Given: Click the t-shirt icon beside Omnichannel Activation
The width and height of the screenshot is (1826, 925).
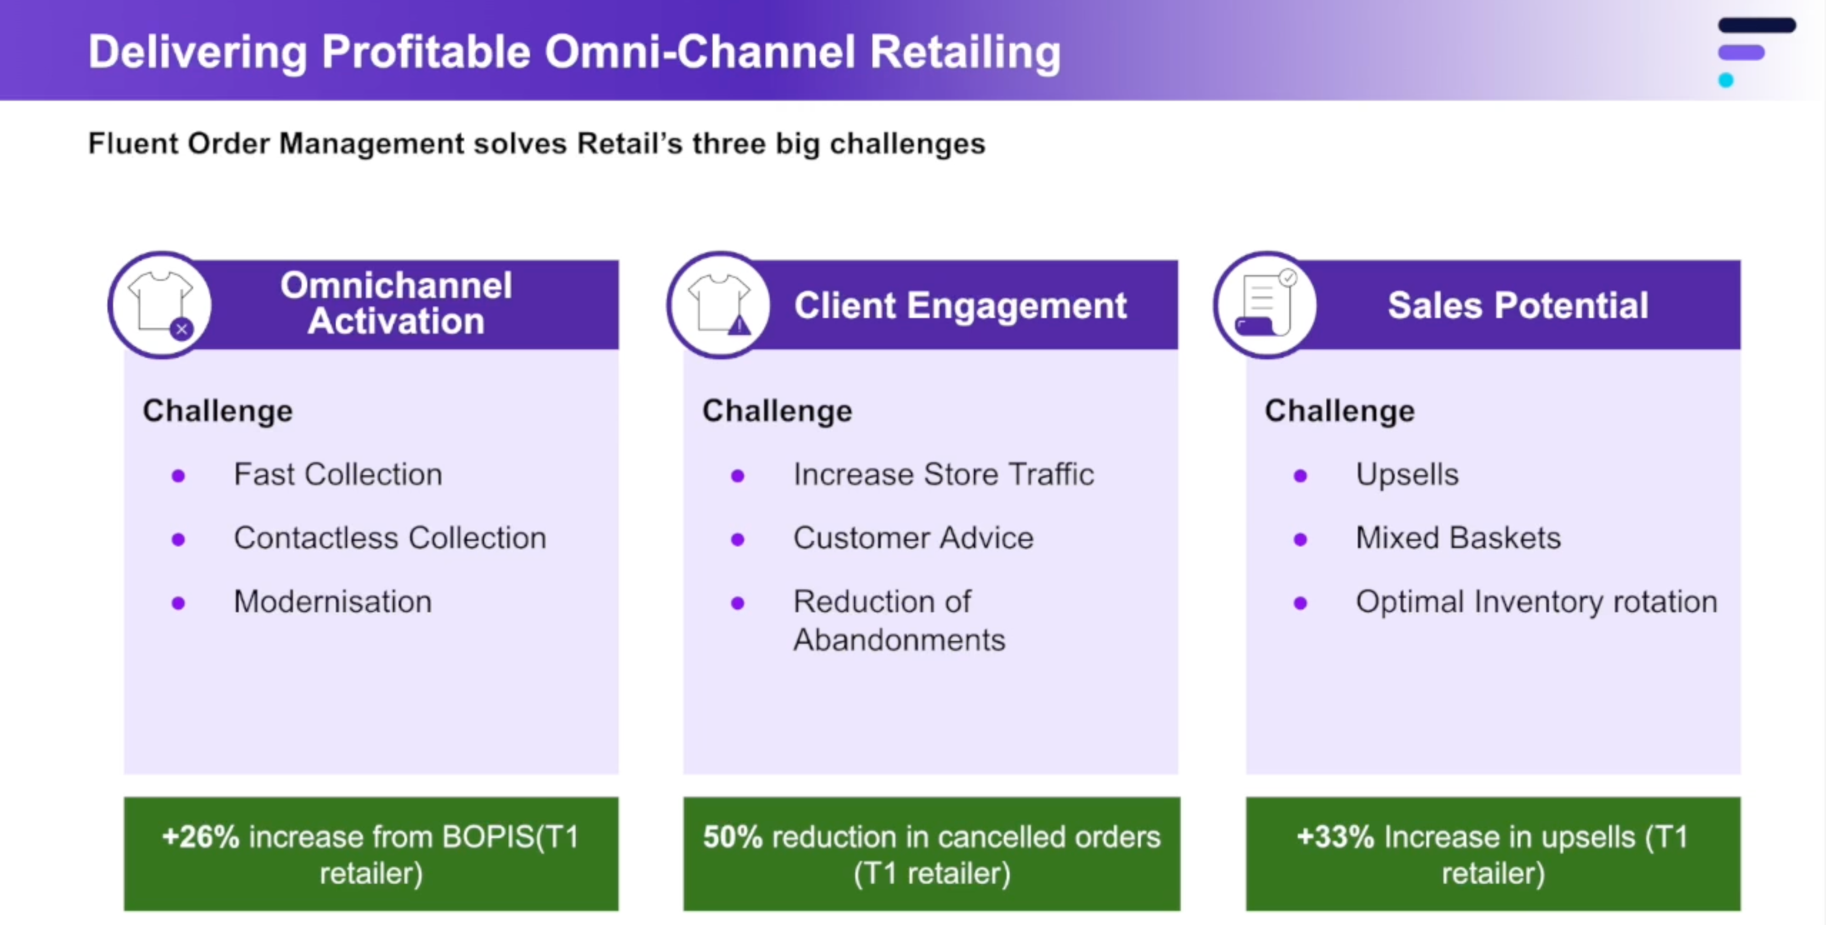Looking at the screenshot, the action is click(x=161, y=304).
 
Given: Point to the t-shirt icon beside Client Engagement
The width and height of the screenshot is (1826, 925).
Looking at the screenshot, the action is click(x=720, y=304).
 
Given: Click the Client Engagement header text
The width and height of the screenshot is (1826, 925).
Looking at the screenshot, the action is click(x=961, y=306).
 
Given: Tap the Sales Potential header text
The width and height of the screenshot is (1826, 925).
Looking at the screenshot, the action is click(x=1518, y=306).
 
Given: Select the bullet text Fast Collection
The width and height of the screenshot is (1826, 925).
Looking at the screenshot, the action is click(x=338, y=475).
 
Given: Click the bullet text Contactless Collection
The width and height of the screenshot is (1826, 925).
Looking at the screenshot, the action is click(x=390, y=538).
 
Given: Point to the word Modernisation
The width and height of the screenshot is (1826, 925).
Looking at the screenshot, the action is click(x=333, y=602).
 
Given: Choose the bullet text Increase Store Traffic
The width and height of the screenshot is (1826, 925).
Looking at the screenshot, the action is click(x=944, y=475).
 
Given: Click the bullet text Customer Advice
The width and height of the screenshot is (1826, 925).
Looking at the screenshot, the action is click(x=913, y=538).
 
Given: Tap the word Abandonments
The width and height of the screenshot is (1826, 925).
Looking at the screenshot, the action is click(x=899, y=640).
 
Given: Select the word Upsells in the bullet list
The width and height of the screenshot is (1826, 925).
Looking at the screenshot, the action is click(x=1407, y=475).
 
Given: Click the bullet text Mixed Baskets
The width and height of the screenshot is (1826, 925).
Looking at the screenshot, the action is click(x=1458, y=538).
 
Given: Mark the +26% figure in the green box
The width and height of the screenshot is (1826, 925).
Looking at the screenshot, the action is click(x=200, y=837).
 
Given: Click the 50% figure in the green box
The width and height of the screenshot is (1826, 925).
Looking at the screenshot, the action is click(x=732, y=837).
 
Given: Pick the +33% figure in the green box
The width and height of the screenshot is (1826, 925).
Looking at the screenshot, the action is click(x=1335, y=837).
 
